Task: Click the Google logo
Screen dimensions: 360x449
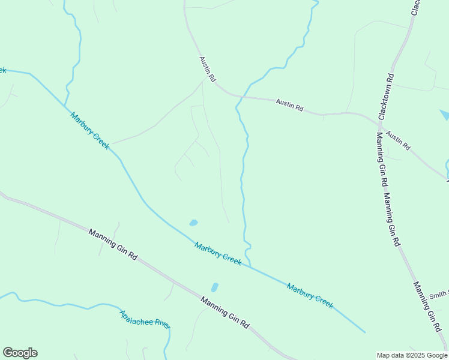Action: coord(20,353)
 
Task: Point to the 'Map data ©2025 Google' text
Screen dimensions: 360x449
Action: coord(412,355)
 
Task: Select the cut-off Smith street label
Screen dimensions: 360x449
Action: coord(439,294)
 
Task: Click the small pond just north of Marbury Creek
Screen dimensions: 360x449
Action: coord(193,223)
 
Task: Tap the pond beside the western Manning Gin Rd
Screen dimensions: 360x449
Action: coord(214,287)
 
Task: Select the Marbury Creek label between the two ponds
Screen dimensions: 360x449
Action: coord(218,254)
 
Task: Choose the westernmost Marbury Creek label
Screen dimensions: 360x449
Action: coord(90,131)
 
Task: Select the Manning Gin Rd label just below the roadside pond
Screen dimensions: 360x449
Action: coord(224,312)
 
